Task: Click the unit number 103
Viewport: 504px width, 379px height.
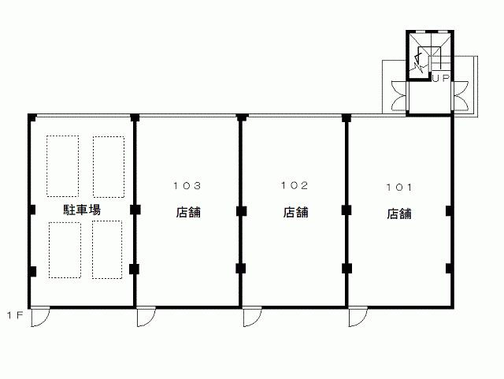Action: pos(187,186)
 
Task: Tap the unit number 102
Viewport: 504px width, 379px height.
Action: pos(295,185)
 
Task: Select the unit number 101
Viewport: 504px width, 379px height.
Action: pos(399,188)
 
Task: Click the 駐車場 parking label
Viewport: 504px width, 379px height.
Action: pos(82,210)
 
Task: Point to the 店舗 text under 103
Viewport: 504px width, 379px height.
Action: pos(188,212)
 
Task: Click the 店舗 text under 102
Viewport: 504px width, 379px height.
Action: pos(296,212)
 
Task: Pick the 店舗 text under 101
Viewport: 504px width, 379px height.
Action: pos(399,214)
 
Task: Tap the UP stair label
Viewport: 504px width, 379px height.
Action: pos(441,78)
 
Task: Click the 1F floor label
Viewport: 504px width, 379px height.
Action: pos(16,315)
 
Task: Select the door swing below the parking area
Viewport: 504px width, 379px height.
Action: pos(40,318)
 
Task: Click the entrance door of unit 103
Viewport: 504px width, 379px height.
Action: pos(146,318)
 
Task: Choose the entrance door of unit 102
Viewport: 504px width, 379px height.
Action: pos(252,318)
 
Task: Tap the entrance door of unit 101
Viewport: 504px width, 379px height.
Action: pos(358,318)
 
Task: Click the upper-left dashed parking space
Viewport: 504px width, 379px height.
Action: pos(63,166)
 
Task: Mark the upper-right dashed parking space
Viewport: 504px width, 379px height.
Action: pos(109,167)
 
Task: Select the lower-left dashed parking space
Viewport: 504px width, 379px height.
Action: pos(65,250)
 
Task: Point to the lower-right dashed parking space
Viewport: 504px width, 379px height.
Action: pos(107,250)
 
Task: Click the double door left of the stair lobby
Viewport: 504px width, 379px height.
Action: pos(399,96)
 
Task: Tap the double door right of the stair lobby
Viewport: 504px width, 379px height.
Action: pos(460,96)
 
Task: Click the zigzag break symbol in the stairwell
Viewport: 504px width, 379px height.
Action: pos(418,62)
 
